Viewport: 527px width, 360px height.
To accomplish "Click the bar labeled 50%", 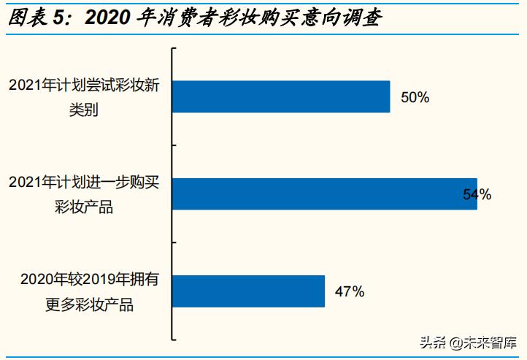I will [281, 96].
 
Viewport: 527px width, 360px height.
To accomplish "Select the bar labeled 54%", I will [325, 194].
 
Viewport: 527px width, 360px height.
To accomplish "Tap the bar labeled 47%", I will [248, 291].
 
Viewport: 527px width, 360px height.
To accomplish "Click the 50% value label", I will [415, 97].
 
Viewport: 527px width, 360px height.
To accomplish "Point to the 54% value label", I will [477, 194].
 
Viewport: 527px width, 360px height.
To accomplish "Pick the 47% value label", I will [349, 292].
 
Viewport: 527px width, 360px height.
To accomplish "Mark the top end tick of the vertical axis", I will [174, 48].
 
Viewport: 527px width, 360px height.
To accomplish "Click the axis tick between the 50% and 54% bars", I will [174, 145].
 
